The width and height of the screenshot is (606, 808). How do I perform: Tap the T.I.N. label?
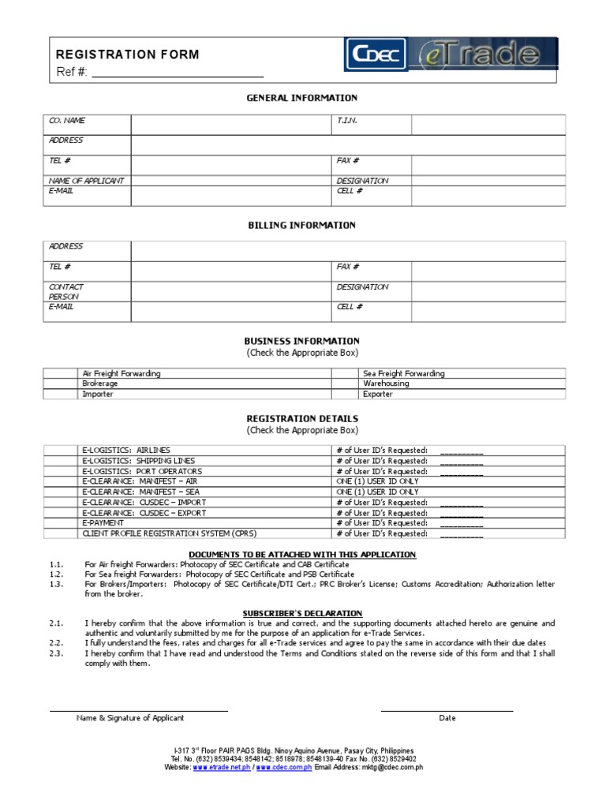pyautogui.click(x=347, y=121)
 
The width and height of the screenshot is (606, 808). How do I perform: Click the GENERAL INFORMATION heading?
pyautogui.click(x=302, y=98)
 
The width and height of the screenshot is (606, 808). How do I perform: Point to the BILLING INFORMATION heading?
pyautogui.click(x=302, y=225)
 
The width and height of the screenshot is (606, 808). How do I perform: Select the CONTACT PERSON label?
pyautogui.click(x=66, y=292)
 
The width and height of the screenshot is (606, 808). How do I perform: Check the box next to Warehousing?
pyautogui.click(x=345, y=383)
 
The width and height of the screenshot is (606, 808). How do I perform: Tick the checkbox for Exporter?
pyautogui.click(x=345, y=394)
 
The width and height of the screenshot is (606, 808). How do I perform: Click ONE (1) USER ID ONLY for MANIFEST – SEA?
pyautogui.click(x=378, y=492)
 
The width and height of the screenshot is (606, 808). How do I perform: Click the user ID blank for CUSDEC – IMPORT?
pyautogui.click(x=462, y=503)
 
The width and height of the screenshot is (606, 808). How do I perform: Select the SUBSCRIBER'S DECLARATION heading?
pyautogui.click(x=302, y=613)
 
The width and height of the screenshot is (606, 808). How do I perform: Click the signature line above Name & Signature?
pyautogui.click(x=139, y=710)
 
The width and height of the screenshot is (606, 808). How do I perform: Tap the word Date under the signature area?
pyautogui.click(x=447, y=718)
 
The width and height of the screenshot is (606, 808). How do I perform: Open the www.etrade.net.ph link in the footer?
pyautogui.click(x=222, y=767)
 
